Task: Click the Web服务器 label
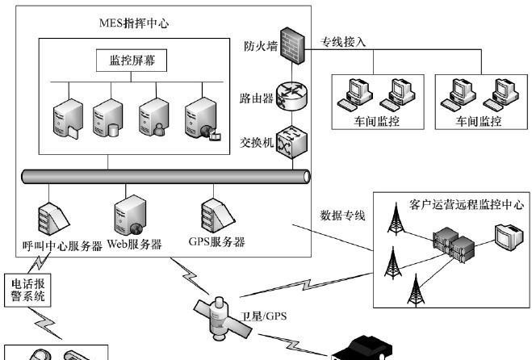(x=135, y=244)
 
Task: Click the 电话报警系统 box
(x=28, y=290)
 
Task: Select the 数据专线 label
(x=343, y=215)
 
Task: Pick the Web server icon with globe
(x=129, y=211)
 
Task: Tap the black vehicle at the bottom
(x=363, y=349)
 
